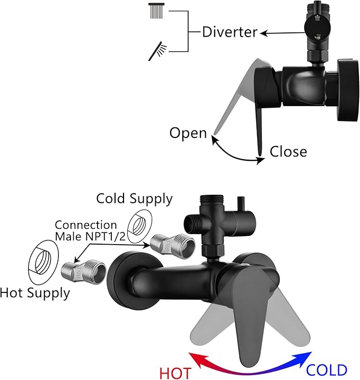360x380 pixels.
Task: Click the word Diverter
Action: tap(230, 32)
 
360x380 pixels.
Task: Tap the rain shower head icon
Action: tap(156, 11)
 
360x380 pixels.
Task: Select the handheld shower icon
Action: tap(157, 51)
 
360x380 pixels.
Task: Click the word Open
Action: tap(188, 133)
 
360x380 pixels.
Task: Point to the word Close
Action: tap(288, 151)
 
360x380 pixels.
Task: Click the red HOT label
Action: tap(175, 373)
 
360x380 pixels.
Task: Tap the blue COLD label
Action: tap(327, 370)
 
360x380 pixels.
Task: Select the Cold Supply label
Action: tap(134, 198)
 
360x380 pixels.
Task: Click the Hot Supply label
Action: tap(35, 293)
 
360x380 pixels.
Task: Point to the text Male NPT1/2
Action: tap(90, 236)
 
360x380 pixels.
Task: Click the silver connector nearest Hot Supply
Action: tap(83, 271)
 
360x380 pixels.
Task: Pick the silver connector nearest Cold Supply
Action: tap(173, 245)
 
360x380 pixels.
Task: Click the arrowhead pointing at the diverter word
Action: tap(264, 33)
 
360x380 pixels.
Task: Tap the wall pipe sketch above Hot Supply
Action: tap(43, 262)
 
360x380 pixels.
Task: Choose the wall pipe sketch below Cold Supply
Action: tap(139, 226)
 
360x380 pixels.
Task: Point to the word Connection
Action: tap(86, 225)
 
